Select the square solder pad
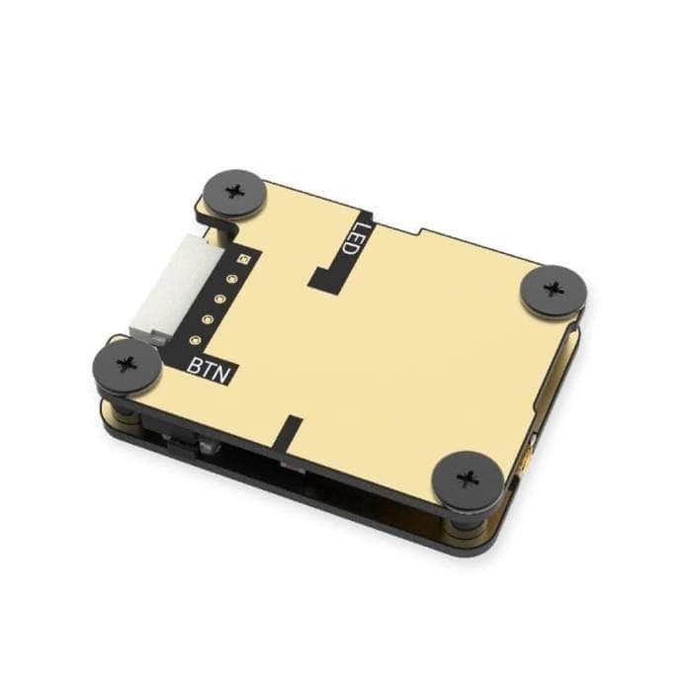pos(244,259)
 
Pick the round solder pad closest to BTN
pos(195,342)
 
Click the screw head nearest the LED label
pos(234,189)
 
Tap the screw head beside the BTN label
pos(127,364)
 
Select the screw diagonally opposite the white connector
pos(469,480)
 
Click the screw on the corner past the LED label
pos(554,290)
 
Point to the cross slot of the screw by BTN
pos(127,364)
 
